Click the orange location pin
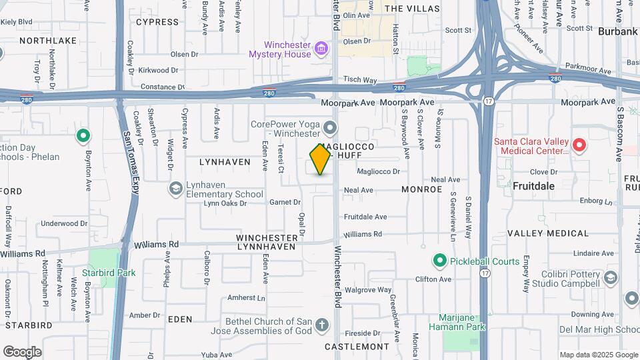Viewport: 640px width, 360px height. [320, 159]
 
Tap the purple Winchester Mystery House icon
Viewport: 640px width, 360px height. [321, 49]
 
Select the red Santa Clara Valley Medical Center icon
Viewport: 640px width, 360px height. [579, 145]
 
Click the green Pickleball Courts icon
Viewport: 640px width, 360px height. [439, 261]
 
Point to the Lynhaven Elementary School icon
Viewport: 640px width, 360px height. [175, 189]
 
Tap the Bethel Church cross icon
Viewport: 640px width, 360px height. [322, 326]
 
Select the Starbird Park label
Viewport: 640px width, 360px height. [109, 273]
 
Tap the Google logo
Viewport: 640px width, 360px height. [22, 351]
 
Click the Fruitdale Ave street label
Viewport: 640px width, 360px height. [365, 217]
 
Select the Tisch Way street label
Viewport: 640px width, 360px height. [360, 80]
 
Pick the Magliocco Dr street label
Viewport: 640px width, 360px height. [378, 171]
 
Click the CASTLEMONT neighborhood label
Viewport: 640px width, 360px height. [357, 347]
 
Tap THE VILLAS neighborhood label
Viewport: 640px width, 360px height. [412, 9]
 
